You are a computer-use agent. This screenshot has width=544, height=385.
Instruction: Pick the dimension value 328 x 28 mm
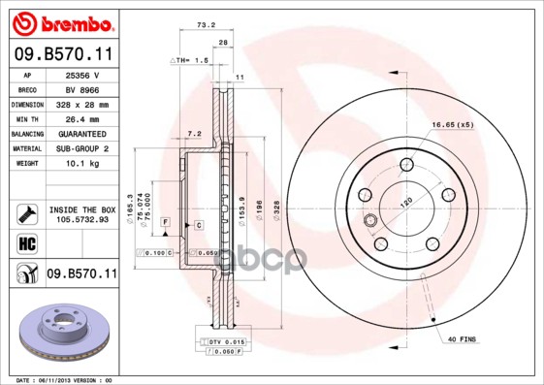82,104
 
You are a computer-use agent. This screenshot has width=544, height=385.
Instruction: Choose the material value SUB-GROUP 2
82,148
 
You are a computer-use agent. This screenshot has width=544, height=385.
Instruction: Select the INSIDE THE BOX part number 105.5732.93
82,219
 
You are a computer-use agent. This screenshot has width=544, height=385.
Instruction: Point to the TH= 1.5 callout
192,60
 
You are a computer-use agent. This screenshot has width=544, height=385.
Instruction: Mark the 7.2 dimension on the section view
193,133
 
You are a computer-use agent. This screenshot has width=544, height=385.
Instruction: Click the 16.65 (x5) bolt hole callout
452,125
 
